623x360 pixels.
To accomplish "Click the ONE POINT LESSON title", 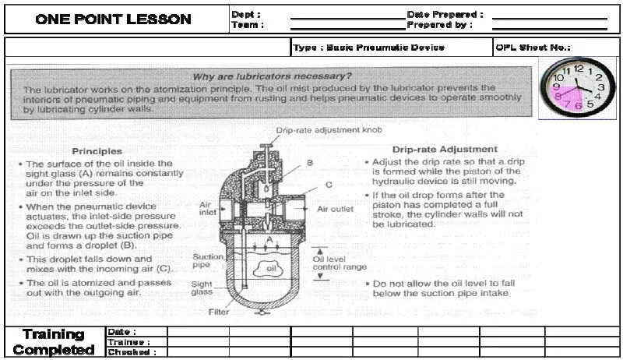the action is [x=113, y=20].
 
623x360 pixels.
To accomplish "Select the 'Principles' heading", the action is [x=97, y=150].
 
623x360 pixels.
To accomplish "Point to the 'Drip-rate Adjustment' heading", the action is [x=445, y=149].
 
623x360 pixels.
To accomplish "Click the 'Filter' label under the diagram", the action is [x=219, y=312].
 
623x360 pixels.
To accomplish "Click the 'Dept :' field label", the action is [x=246, y=14].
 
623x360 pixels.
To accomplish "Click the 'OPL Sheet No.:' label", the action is [x=533, y=48].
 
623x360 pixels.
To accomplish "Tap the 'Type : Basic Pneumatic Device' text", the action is [x=368, y=48].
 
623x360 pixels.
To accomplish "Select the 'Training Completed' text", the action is [x=54, y=343].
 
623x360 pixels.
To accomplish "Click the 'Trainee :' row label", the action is [x=128, y=342].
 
